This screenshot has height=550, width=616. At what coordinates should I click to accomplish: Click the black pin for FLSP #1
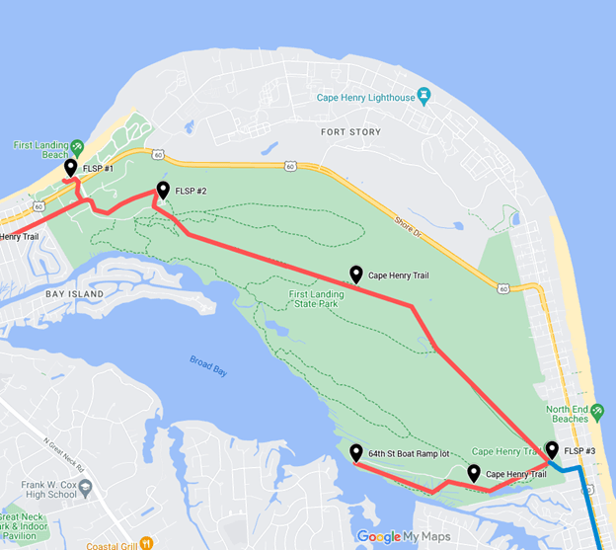[x=71, y=169]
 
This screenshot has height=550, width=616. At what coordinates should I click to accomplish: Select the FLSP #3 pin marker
[x=551, y=450]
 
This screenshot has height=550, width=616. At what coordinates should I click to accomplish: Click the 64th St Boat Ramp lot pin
[x=355, y=453]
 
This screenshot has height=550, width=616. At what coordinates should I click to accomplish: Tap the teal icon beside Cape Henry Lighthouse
[x=424, y=96]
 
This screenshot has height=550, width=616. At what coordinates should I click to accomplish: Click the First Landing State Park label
[x=324, y=300]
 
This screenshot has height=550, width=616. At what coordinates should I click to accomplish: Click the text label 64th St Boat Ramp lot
[x=409, y=454]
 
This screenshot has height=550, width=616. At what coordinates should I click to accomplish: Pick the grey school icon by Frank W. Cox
[x=85, y=488]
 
